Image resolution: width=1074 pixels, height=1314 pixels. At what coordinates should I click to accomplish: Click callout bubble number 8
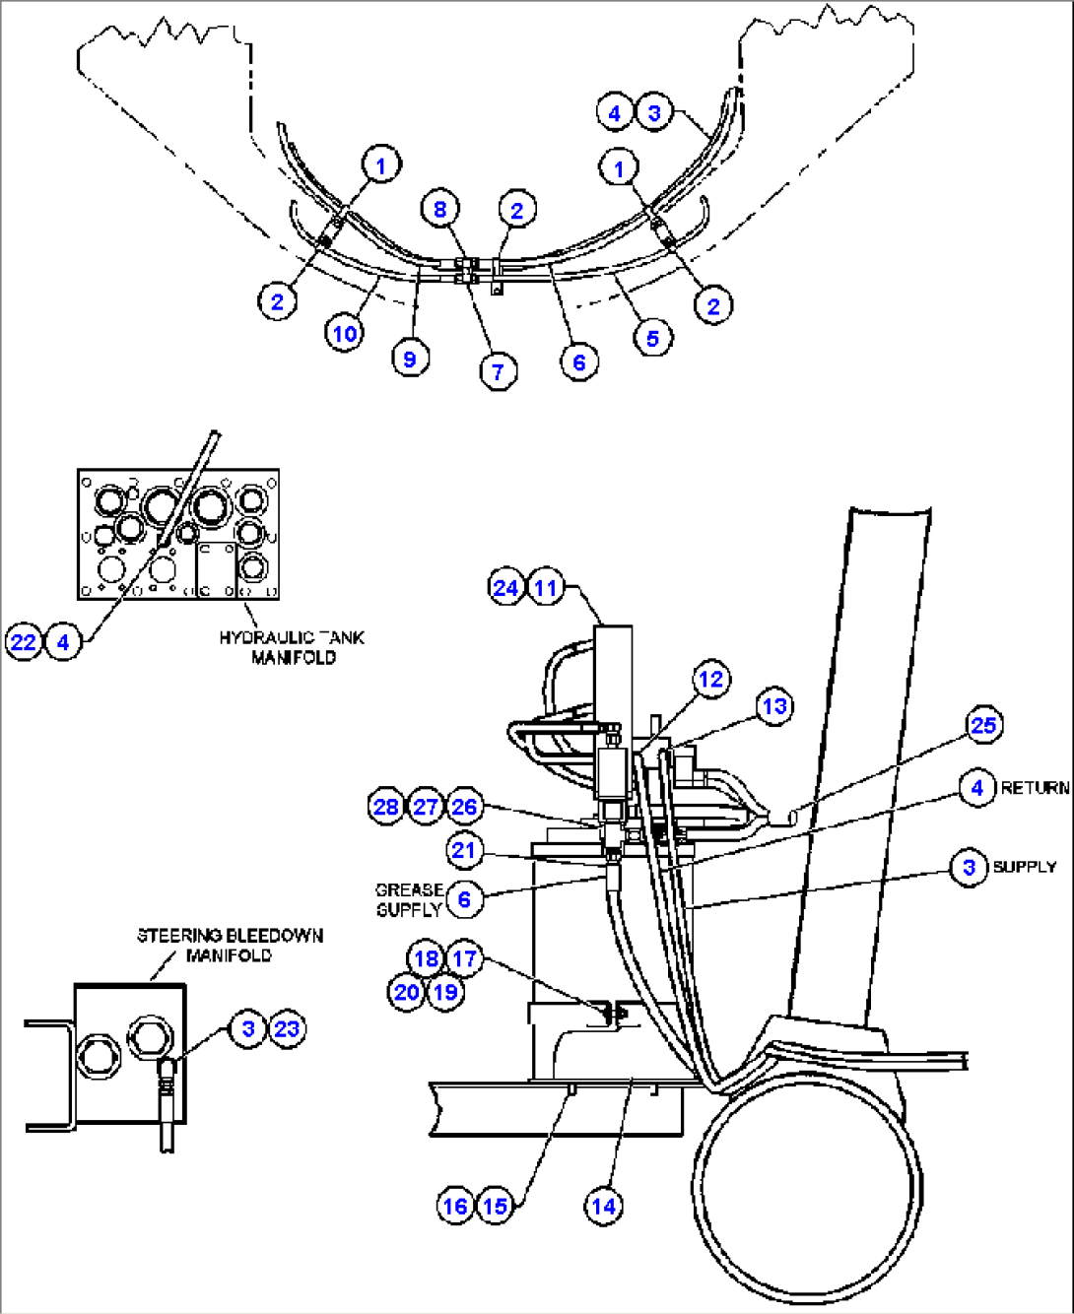pyautogui.click(x=439, y=209)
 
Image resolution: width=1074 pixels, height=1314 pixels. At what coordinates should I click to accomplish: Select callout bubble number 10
pyautogui.click(x=344, y=334)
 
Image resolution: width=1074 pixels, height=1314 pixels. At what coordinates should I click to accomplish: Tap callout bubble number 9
pyautogui.click(x=410, y=360)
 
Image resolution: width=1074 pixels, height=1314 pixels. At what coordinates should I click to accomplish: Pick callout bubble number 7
pyautogui.click(x=498, y=371)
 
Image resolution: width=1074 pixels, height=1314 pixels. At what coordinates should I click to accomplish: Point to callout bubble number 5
pyautogui.click(x=652, y=339)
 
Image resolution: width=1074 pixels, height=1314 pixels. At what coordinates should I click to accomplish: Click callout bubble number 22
pyautogui.click(x=23, y=642)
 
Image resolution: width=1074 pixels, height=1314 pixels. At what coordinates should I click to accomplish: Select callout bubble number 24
pyautogui.click(x=505, y=588)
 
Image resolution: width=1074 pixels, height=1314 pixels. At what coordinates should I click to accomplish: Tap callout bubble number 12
pyautogui.click(x=710, y=680)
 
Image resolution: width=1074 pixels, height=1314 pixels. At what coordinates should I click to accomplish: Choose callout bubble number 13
pyautogui.click(x=774, y=706)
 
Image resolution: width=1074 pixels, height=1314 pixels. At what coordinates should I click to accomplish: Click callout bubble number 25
pyautogui.click(x=983, y=726)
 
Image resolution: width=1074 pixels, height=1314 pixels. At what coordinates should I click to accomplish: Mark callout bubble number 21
pyautogui.click(x=463, y=850)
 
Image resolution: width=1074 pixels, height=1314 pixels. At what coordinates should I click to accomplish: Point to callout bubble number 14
pyautogui.click(x=603, y=1206)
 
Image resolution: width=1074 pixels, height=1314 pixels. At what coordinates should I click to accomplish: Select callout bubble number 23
pyautogui.click(x=287, y=1029)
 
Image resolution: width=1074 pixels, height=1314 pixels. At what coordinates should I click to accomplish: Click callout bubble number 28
pyautogui.click(x=385, y=807)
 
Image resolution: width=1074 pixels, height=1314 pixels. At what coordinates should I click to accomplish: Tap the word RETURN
pyautogui.click(x=1035, y=788)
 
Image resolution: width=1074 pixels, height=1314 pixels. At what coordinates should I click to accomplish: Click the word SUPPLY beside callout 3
pyautogui.click(x=1024, y=867)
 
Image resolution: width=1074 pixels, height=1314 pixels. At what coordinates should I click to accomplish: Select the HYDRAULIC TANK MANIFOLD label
pyautogui.click(x=292, y=647)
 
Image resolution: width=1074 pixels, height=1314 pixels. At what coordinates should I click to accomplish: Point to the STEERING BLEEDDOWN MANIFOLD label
pyautogui.click(x=230, y=945)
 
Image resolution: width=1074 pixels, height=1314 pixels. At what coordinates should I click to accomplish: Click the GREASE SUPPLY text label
pyautogui.click(x=409, y=899)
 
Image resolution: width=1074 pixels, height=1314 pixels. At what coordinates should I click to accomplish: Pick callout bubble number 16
pyautogui.click(x=455, y=1206)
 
